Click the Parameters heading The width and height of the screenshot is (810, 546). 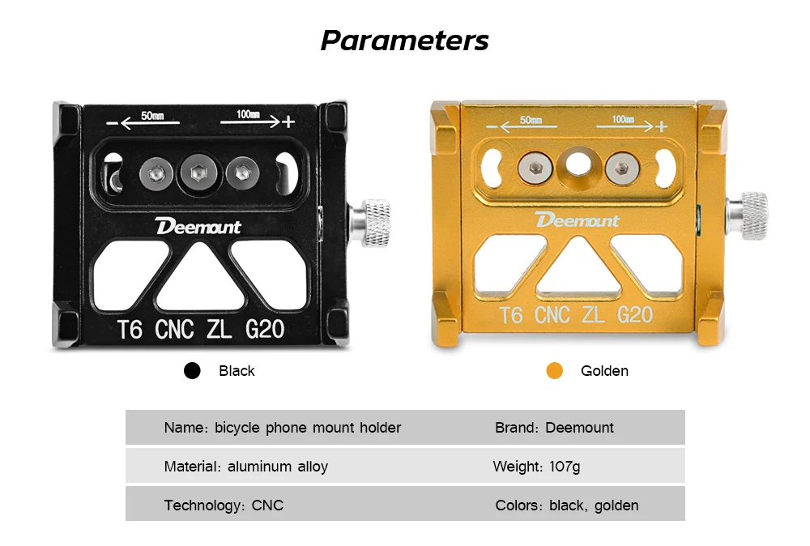[x=404, y=41]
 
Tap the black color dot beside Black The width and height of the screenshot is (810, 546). [x=192, y=370]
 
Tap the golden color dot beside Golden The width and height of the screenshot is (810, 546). [x=554, y=370]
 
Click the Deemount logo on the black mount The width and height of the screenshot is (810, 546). [x=198, y=226]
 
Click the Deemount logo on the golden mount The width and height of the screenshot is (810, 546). [x=577, y=220]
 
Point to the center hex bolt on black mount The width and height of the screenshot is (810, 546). [x=198, y=173]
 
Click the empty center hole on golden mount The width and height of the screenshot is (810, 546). [x=578, y=164]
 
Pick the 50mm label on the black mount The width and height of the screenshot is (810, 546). [x=152, y=116]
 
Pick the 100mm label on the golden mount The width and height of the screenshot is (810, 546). [x=623, y=119]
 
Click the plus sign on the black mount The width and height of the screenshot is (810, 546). [x=288, y=122]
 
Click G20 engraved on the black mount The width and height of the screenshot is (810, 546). [x=265, y=329]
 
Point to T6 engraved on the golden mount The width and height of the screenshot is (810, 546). [x=511, y=315]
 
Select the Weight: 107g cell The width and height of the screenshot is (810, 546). [x=537, y=467]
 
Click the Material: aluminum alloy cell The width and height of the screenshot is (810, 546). [x=246, y=467]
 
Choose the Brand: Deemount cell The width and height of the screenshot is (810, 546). [x=554, y=428]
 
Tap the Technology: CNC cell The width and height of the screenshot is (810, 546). [x=224, y=505]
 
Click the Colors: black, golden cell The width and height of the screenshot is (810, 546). [x=567, y=505]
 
